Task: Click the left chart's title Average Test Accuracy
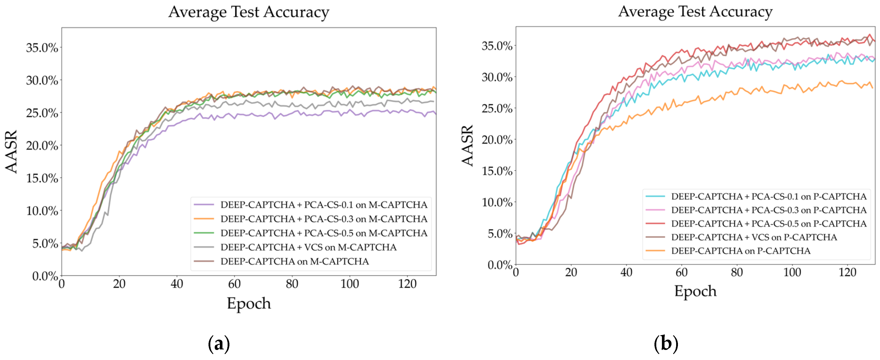pos(249,12)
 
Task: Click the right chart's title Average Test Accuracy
pos(695,12)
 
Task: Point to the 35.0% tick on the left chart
pos(42,48)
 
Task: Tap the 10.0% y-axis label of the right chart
pos(497,202)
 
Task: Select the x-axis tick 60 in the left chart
pos(234,284)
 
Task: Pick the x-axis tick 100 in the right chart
pos(792,273)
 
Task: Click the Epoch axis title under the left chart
pos(249,303)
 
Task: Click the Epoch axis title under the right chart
pos(695,291)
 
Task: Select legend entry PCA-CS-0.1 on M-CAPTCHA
pos(324,205)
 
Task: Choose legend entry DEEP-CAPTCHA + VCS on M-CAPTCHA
pos(308,247)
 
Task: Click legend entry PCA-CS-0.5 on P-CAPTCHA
pos(769,223)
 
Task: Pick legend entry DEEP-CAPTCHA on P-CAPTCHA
pos(740,251)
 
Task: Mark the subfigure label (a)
pos(219,343)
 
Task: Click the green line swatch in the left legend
pos(204,233)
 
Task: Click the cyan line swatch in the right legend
pos(655,196)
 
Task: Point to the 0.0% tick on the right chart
pos(500,265)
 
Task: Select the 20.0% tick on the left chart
pos(42,146)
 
